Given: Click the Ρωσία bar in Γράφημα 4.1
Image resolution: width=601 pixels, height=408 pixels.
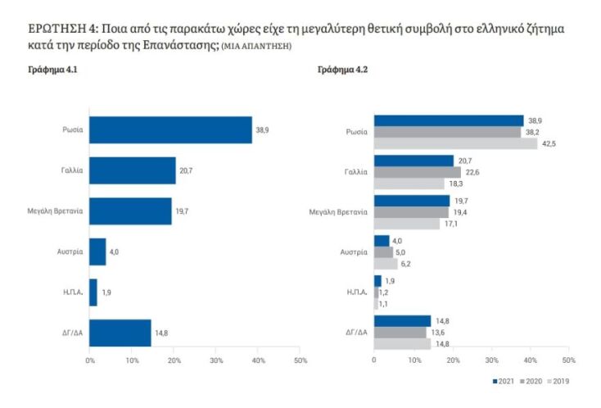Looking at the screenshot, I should click(x=170, y=130).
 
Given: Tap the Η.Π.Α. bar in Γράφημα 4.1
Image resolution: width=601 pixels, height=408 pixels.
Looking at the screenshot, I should click(x=93, y=292).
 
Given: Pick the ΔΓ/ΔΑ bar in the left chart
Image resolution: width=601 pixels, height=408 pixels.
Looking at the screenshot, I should click(x=120, y=333).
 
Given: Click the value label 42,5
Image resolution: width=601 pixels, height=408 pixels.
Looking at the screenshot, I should click(x=549, y=143).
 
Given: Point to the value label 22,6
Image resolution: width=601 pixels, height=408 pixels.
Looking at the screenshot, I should click(x=473, y=172).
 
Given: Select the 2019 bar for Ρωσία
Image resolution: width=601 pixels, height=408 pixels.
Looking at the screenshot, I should click(x=455, y=143).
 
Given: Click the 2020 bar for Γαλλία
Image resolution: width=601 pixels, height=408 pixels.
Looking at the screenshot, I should click(x=417, y=172).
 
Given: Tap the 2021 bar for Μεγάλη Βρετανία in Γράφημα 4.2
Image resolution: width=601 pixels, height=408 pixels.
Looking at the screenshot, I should click(x=412, y=201).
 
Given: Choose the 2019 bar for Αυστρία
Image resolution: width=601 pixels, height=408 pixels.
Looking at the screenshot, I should click(x=386, y=264).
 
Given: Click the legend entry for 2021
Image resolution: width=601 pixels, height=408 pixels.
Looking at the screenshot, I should click(x=505, y=381).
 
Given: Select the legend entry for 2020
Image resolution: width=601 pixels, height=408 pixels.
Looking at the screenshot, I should click(x=531, y=381).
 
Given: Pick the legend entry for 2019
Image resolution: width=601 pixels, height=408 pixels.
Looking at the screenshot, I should click(x=558, y=381).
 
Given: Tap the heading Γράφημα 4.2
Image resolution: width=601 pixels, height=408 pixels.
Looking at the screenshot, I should click(x=344, y=71).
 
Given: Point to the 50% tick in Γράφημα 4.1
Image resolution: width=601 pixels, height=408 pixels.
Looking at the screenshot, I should click(x=300, y=360).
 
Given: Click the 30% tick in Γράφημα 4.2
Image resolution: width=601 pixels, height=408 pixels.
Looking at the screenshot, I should click(x=491, y=360).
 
